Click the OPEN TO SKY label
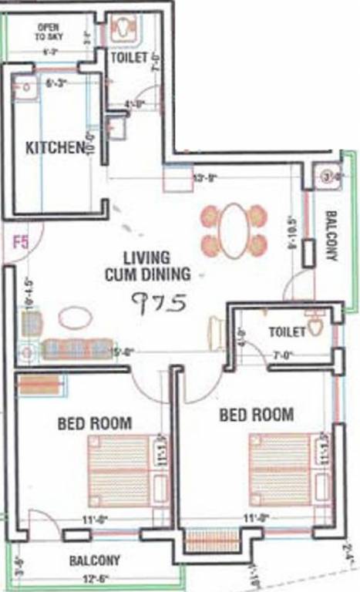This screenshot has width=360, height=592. pos(48,32)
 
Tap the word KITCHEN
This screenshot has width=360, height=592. pos(54,147)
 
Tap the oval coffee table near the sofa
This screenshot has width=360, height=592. pos(74,318)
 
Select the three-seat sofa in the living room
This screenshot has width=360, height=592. pos(76,350)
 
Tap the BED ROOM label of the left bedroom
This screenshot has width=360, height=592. pos(94,423)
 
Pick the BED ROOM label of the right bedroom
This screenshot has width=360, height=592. pos(256,415)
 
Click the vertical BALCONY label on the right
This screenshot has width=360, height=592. pos(331,236)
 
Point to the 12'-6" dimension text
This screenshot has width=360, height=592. pos(94,577)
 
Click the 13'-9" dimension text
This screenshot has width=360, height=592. pos(207,177)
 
